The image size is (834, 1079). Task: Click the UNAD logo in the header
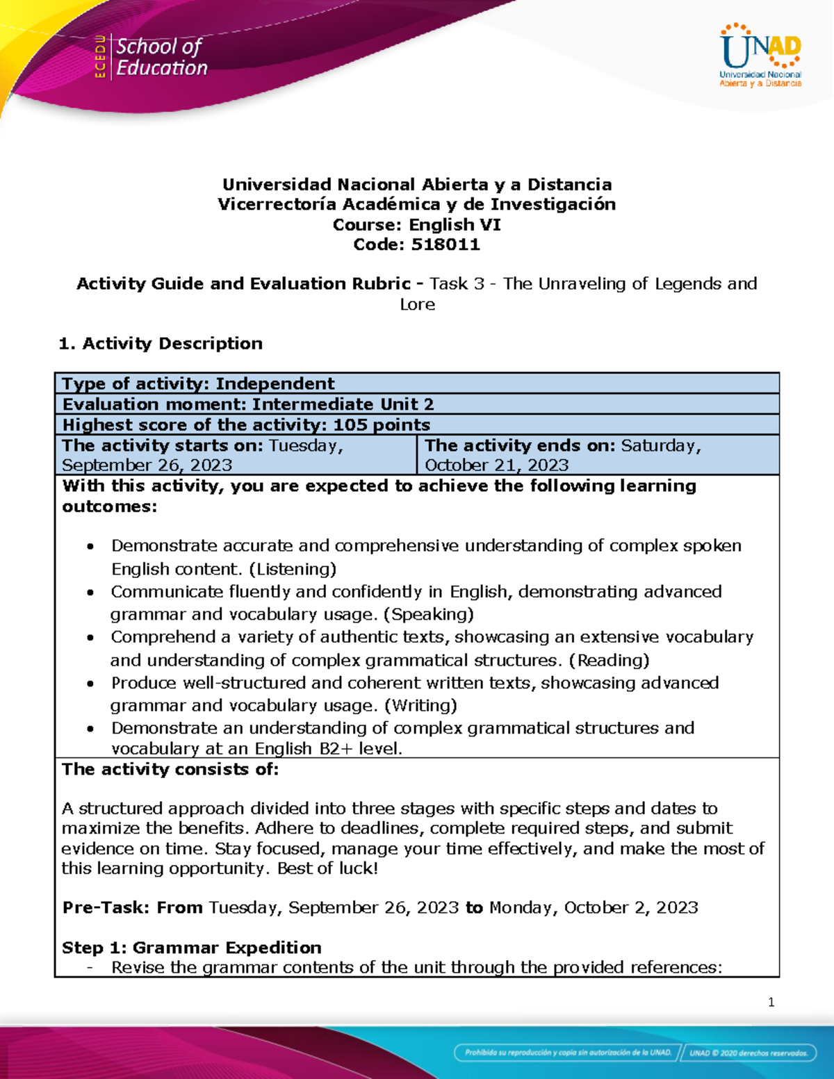[x=760, y=56]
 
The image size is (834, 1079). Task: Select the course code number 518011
[x=445, y=245]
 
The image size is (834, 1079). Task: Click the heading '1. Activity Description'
[x=161, y=343]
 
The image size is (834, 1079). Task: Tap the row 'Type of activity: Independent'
[x=199, y=384]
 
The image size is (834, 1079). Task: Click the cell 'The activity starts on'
[x=235, y=455]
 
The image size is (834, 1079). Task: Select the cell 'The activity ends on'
[x=598, y=455]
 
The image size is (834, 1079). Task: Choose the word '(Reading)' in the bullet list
[x=609, y=660]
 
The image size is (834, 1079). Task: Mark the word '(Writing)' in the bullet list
[x=420, y=705]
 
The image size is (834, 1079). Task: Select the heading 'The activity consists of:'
[x=170, y=769]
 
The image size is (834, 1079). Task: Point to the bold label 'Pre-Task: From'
[x=132, y=907]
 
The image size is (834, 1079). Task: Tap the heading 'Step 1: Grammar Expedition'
[x=192, y=948]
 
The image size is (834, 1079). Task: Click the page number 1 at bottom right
[x=771, y=1002]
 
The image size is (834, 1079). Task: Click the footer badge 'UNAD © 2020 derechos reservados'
[x=748, y=1053]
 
